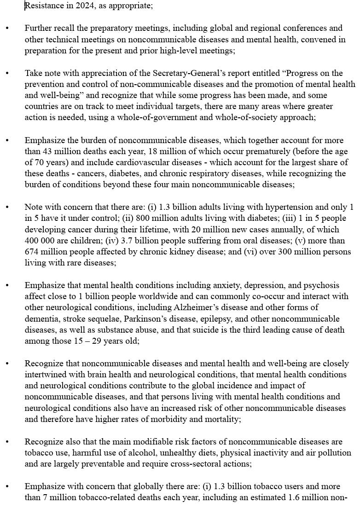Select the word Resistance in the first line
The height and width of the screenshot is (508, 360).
click(41, 6)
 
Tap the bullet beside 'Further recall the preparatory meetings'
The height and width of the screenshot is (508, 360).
click(7, 29)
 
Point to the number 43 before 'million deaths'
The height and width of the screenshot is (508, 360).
click(45, 151)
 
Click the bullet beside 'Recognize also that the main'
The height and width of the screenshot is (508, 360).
click(7, 442)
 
